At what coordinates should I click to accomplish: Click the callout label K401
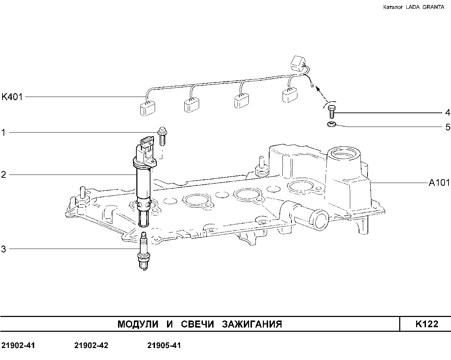pyautogui.click(x=12, y=97)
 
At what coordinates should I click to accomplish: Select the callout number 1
pyautogui.click(x=4, y=133)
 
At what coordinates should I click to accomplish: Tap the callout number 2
pyautogui.click(x=4, y=175)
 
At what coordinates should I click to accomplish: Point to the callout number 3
pyautogui.click(x=4, y=249)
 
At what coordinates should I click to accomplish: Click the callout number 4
pyautogui.click(x=447, y=113)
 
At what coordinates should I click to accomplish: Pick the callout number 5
pyautogui.click(x=447, y=127)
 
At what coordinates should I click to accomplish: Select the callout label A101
pyautogui.click(x=439, y=183)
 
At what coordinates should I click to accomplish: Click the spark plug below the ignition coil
pyautogui.click(x=143, y=251)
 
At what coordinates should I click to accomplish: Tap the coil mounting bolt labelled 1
pyautogui.click(x=162, y=136)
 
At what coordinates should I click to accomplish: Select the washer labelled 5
pyautogui.click(x=331, y=124)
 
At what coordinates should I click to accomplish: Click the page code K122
pyautogui.click(x=427, y=324)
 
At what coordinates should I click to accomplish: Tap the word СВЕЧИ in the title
pyautogui.click(x=197, y=324)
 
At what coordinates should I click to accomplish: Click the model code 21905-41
pyautogui.click(x=164, y=345)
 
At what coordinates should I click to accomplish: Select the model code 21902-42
pyautogui.click(x=91, y=345)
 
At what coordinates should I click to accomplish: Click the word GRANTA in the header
pyautogui.click(x=433, y=7)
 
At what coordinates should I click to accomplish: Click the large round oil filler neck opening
pyautogui.click(x=344, y=154)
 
